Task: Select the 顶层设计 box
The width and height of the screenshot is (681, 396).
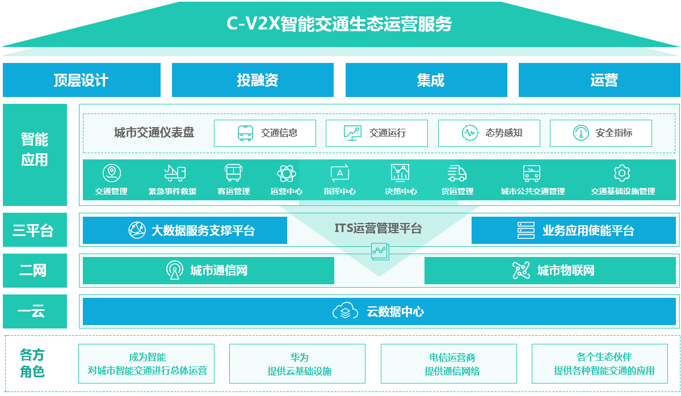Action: pyautogui.click(x=81, y=80)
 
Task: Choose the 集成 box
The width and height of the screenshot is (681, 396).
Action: pyautogui.click(x=430, y=80)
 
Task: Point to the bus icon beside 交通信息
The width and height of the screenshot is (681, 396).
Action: pyautogui.click(x=245, y=133)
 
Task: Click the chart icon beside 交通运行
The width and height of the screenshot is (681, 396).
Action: pyautogui.click(x=352, y=133)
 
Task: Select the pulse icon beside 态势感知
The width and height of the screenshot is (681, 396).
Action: pyautogui.click(x=470, y=133)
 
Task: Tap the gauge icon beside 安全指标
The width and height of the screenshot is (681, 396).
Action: pyautogui.click(x=581, y=133)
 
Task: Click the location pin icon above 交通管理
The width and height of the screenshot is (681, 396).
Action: pyautogui.click(x=111, y=173)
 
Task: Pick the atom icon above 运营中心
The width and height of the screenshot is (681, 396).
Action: pyautogui.click(x=286, y=173)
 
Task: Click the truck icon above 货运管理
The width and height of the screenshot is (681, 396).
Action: pyautogui.click(x=457, y=173)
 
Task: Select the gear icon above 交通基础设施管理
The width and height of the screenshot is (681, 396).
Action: pyautogui.click(x=622, y=173)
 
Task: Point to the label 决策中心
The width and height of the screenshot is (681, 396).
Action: pyautogui.click(x=401, y=192)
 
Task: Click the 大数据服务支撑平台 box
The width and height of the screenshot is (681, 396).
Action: pyautogui.click(x=184, y=230)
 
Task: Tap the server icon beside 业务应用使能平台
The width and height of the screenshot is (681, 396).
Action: pyautogui.click(x=526, y=230)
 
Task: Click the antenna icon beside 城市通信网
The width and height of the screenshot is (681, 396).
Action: pyautogui.click(x=174, y=270)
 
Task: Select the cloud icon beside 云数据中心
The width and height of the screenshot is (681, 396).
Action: pyautogui.click(x=345, y=311)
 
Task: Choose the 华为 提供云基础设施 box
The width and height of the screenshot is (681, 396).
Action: pyautogui.click(x=299, y=364)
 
